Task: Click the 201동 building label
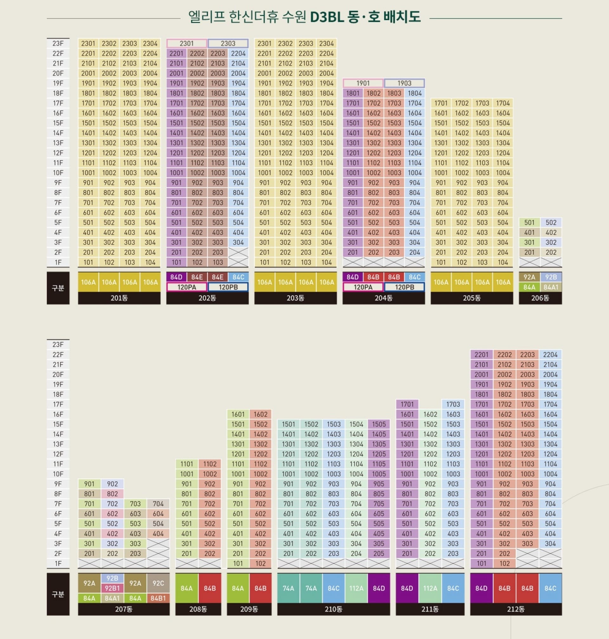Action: pos(119,298)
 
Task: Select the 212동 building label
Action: pos(515,609)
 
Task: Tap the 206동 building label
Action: pos(540,298)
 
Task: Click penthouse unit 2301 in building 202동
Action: pos(187,43)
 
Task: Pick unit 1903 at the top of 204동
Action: pos(404,83)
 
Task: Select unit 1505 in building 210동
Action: pos(378,424)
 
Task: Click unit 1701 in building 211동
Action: pos(407,404)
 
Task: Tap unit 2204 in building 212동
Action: pos(550,355)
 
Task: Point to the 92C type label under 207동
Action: pos(158,583)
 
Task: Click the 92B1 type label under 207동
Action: pos(112,588)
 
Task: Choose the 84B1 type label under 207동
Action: pos(158,598)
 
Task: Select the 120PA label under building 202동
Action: pos(187,287)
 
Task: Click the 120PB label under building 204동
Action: pos(404,287)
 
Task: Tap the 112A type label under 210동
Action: pos(356,588)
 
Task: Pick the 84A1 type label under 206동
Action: pos(551,287)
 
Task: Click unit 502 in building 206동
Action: pos(551,223)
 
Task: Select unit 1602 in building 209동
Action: pos(260,414)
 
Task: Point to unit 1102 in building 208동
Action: pos(210,464)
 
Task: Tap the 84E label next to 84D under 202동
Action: pos(197,277)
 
